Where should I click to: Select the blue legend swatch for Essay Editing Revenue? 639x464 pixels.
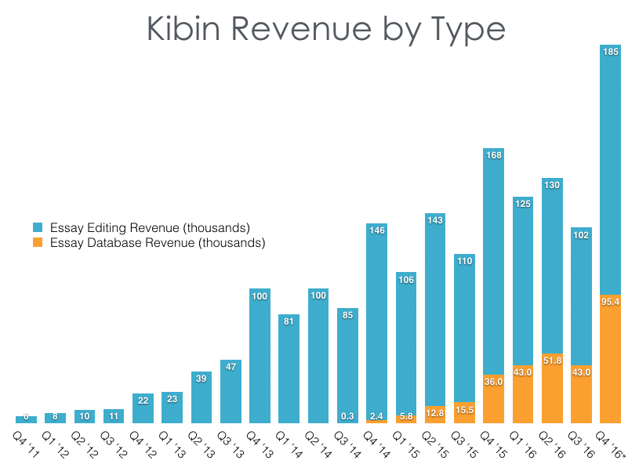(x=37, y=228)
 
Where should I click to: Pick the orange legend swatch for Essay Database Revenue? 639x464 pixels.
(x=37, y=243)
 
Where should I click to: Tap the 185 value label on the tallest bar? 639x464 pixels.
(x=610, y=52)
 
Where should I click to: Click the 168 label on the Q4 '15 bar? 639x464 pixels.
(x=494, y=155)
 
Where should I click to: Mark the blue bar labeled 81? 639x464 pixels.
(x=289, y=368)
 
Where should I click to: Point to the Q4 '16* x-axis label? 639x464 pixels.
(x=614, y=444)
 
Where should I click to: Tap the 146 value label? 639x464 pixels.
(x=377, y=230)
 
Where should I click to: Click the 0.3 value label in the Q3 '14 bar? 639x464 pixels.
(x=348, y=416)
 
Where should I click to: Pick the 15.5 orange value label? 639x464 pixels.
(x=465, y=409)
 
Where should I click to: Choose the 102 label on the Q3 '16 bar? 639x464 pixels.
(x=581, y=234)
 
